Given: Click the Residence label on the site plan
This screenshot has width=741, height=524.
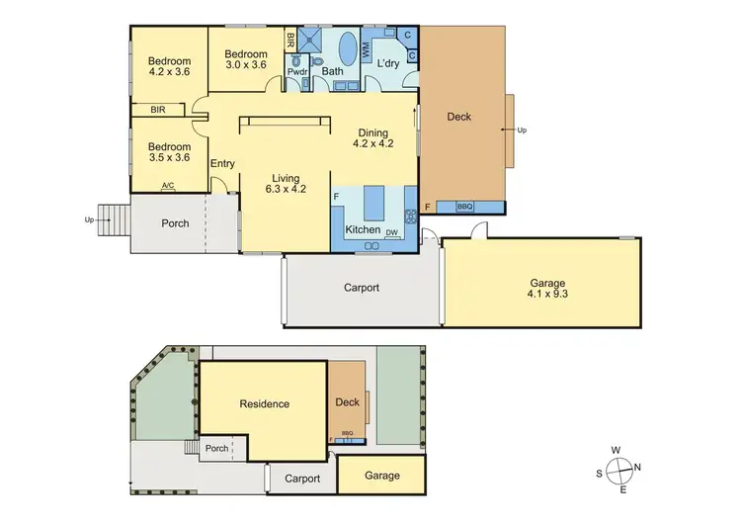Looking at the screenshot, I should tap(264, 403).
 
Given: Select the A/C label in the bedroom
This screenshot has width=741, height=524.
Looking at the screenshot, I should tap(168, 185).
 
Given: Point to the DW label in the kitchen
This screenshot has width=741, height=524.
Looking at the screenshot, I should tap(392, 232).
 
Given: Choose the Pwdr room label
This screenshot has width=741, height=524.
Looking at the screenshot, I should tap(297, 71).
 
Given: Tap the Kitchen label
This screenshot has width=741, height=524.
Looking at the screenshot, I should tap(363, 230).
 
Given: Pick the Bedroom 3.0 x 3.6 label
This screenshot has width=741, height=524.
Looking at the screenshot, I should tap(246, 59).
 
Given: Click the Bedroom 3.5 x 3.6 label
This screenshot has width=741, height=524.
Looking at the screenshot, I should tap(169, 150).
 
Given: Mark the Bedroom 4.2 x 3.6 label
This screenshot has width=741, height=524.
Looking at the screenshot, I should tap(168, 66).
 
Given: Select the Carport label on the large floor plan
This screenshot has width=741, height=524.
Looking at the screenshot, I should tap(363, 288).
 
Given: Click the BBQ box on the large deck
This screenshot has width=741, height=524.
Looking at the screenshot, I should tap(464, 207).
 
